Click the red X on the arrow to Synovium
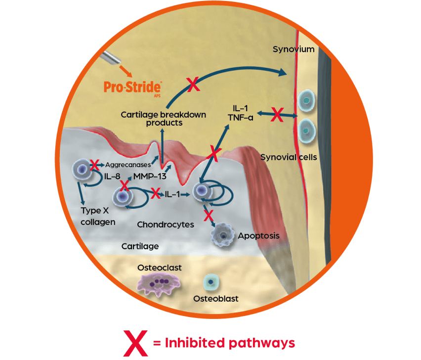point(193,85)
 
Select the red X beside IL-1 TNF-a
point(278,116)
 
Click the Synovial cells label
point(289,157)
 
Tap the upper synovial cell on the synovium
point(307,100)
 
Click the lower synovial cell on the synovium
point(307,131)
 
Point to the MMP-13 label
point(146,177)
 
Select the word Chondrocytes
point(166,225)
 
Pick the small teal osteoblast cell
point(211,283)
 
